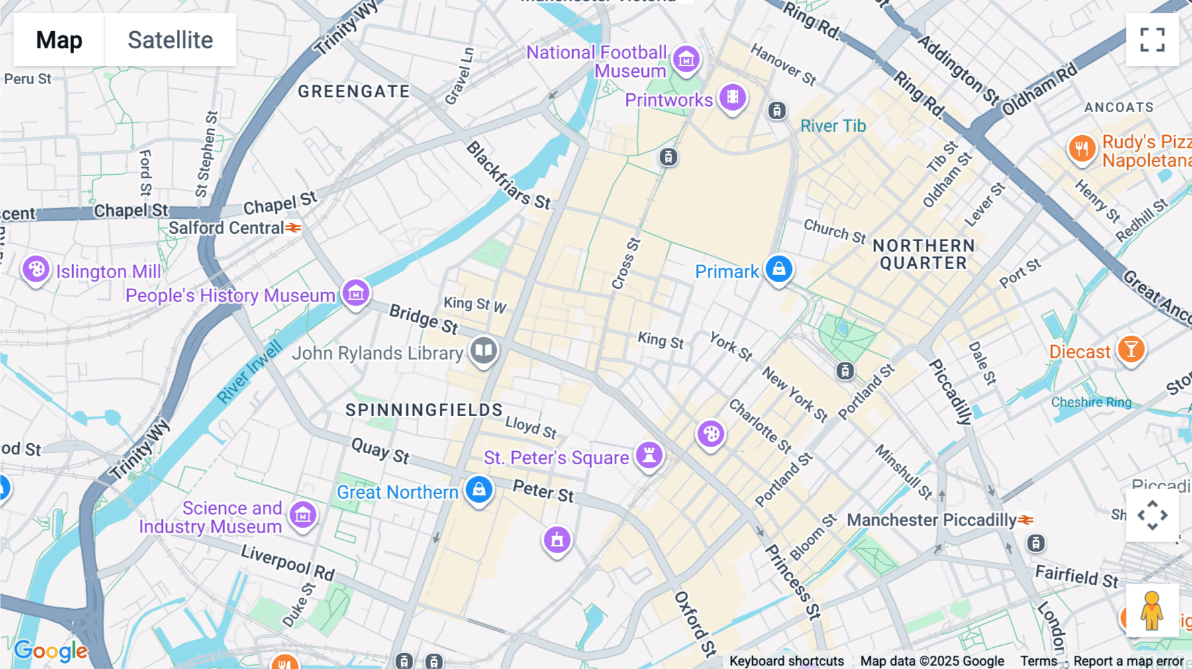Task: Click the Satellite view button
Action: (x=170, y=40)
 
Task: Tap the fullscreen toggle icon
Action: (x=1152, y=40)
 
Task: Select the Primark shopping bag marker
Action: (x=779, y=269)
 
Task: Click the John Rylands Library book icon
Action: (x=484, y=350)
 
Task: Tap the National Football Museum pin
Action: (x=686, y=60)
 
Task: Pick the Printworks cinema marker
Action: (x=732, y=97)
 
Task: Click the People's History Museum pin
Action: (x=356, y=292)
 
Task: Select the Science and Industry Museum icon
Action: (x=303, y=515)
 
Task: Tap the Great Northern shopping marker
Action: (x=479, y=490)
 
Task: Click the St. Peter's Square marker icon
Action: (x=649, y=455)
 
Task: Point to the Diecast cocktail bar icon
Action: (x=1131, y=349)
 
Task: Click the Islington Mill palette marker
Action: (x=36, y=269)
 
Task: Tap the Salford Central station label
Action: (x=226, y=228)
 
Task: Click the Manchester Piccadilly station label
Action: (x=931, y=520)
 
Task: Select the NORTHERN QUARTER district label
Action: (x=923, y=254)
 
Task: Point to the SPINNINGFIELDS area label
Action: (x=424, y=410)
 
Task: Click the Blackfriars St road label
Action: (x=509, y=176)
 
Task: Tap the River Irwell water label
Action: (x=250, y=372)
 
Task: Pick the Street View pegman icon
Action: (x=1152, y=610)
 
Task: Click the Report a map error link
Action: (x=1128, y=661)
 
